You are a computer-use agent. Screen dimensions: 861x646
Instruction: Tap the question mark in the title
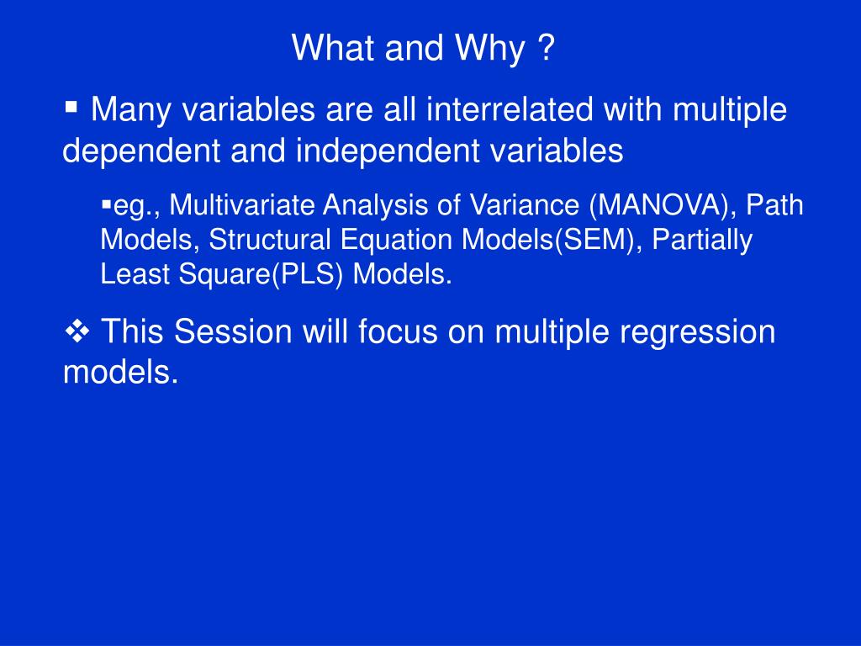pyautogui.click(x=547, y=48)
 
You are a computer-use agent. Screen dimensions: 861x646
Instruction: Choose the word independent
pyautogui.click(x=388, y=151)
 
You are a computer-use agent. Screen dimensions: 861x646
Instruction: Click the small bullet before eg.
pyautogui.click(x=106, y=206)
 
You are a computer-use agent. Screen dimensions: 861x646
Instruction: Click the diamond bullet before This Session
pyautogui.click(x=77, y=331)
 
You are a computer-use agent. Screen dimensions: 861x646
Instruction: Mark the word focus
pyautogui.click(x=398, y=331)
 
